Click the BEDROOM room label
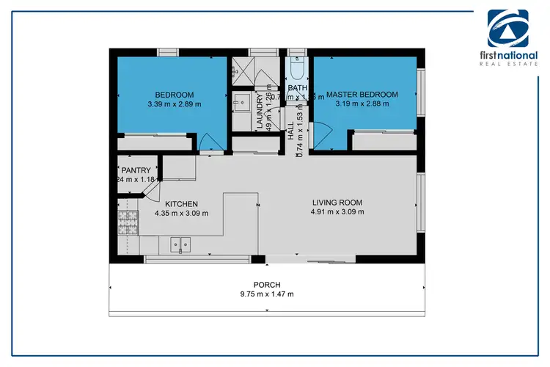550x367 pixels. (x=175, y=95)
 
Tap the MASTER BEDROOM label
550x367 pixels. (x=362, y=95)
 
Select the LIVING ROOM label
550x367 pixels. (x=337, y=203)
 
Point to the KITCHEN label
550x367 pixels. (x=181, y=204)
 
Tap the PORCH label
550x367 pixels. (x=267, y=285)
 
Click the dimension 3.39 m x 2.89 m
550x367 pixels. (x=175, y=104)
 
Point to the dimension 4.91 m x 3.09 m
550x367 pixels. (x=337, y=212)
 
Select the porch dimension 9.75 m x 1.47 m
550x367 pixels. (x=267, y=294)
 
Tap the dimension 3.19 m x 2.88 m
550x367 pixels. (x=362, y=104)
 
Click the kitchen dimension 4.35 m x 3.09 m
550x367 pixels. (x=181, y=214)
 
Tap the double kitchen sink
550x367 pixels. (x=180, y=244)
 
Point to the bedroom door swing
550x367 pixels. (x=209, y=141)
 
